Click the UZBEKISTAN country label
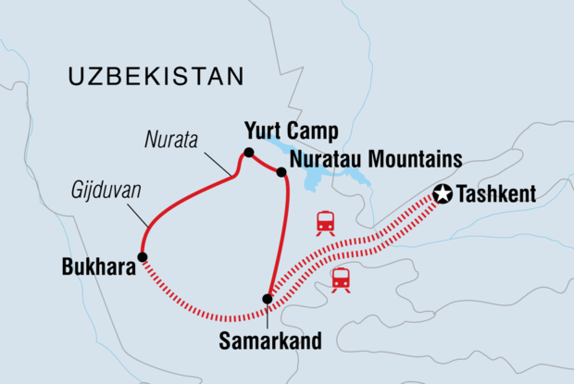tap(156, 76)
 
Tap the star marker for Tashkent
tap(442, 194)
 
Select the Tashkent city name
tap(501, 195)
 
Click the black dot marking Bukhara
tap(142, 256)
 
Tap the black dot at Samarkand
tap(268, 299)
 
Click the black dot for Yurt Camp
tap(248, 153)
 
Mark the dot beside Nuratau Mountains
tap(281, 171)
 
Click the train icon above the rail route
tap(325, 222)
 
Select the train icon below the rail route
tap(342, 279)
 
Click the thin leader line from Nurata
tap(218, 162)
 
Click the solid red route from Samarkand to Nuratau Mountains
tap(281, 241)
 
